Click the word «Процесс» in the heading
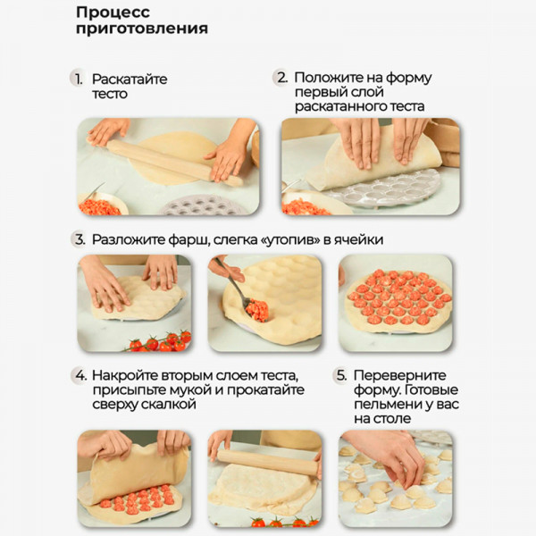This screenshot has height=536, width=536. [113, 13]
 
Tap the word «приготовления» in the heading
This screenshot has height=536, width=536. [142, 29]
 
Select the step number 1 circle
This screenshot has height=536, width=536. [77, 79]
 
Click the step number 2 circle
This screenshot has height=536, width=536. [281, 77]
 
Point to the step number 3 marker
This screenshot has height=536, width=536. [79, 239]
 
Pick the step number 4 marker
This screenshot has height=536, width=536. [80, 375]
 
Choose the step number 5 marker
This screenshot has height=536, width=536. [340, 375]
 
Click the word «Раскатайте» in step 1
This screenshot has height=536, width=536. [130, 80]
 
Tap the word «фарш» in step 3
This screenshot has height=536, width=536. [188, 239]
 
